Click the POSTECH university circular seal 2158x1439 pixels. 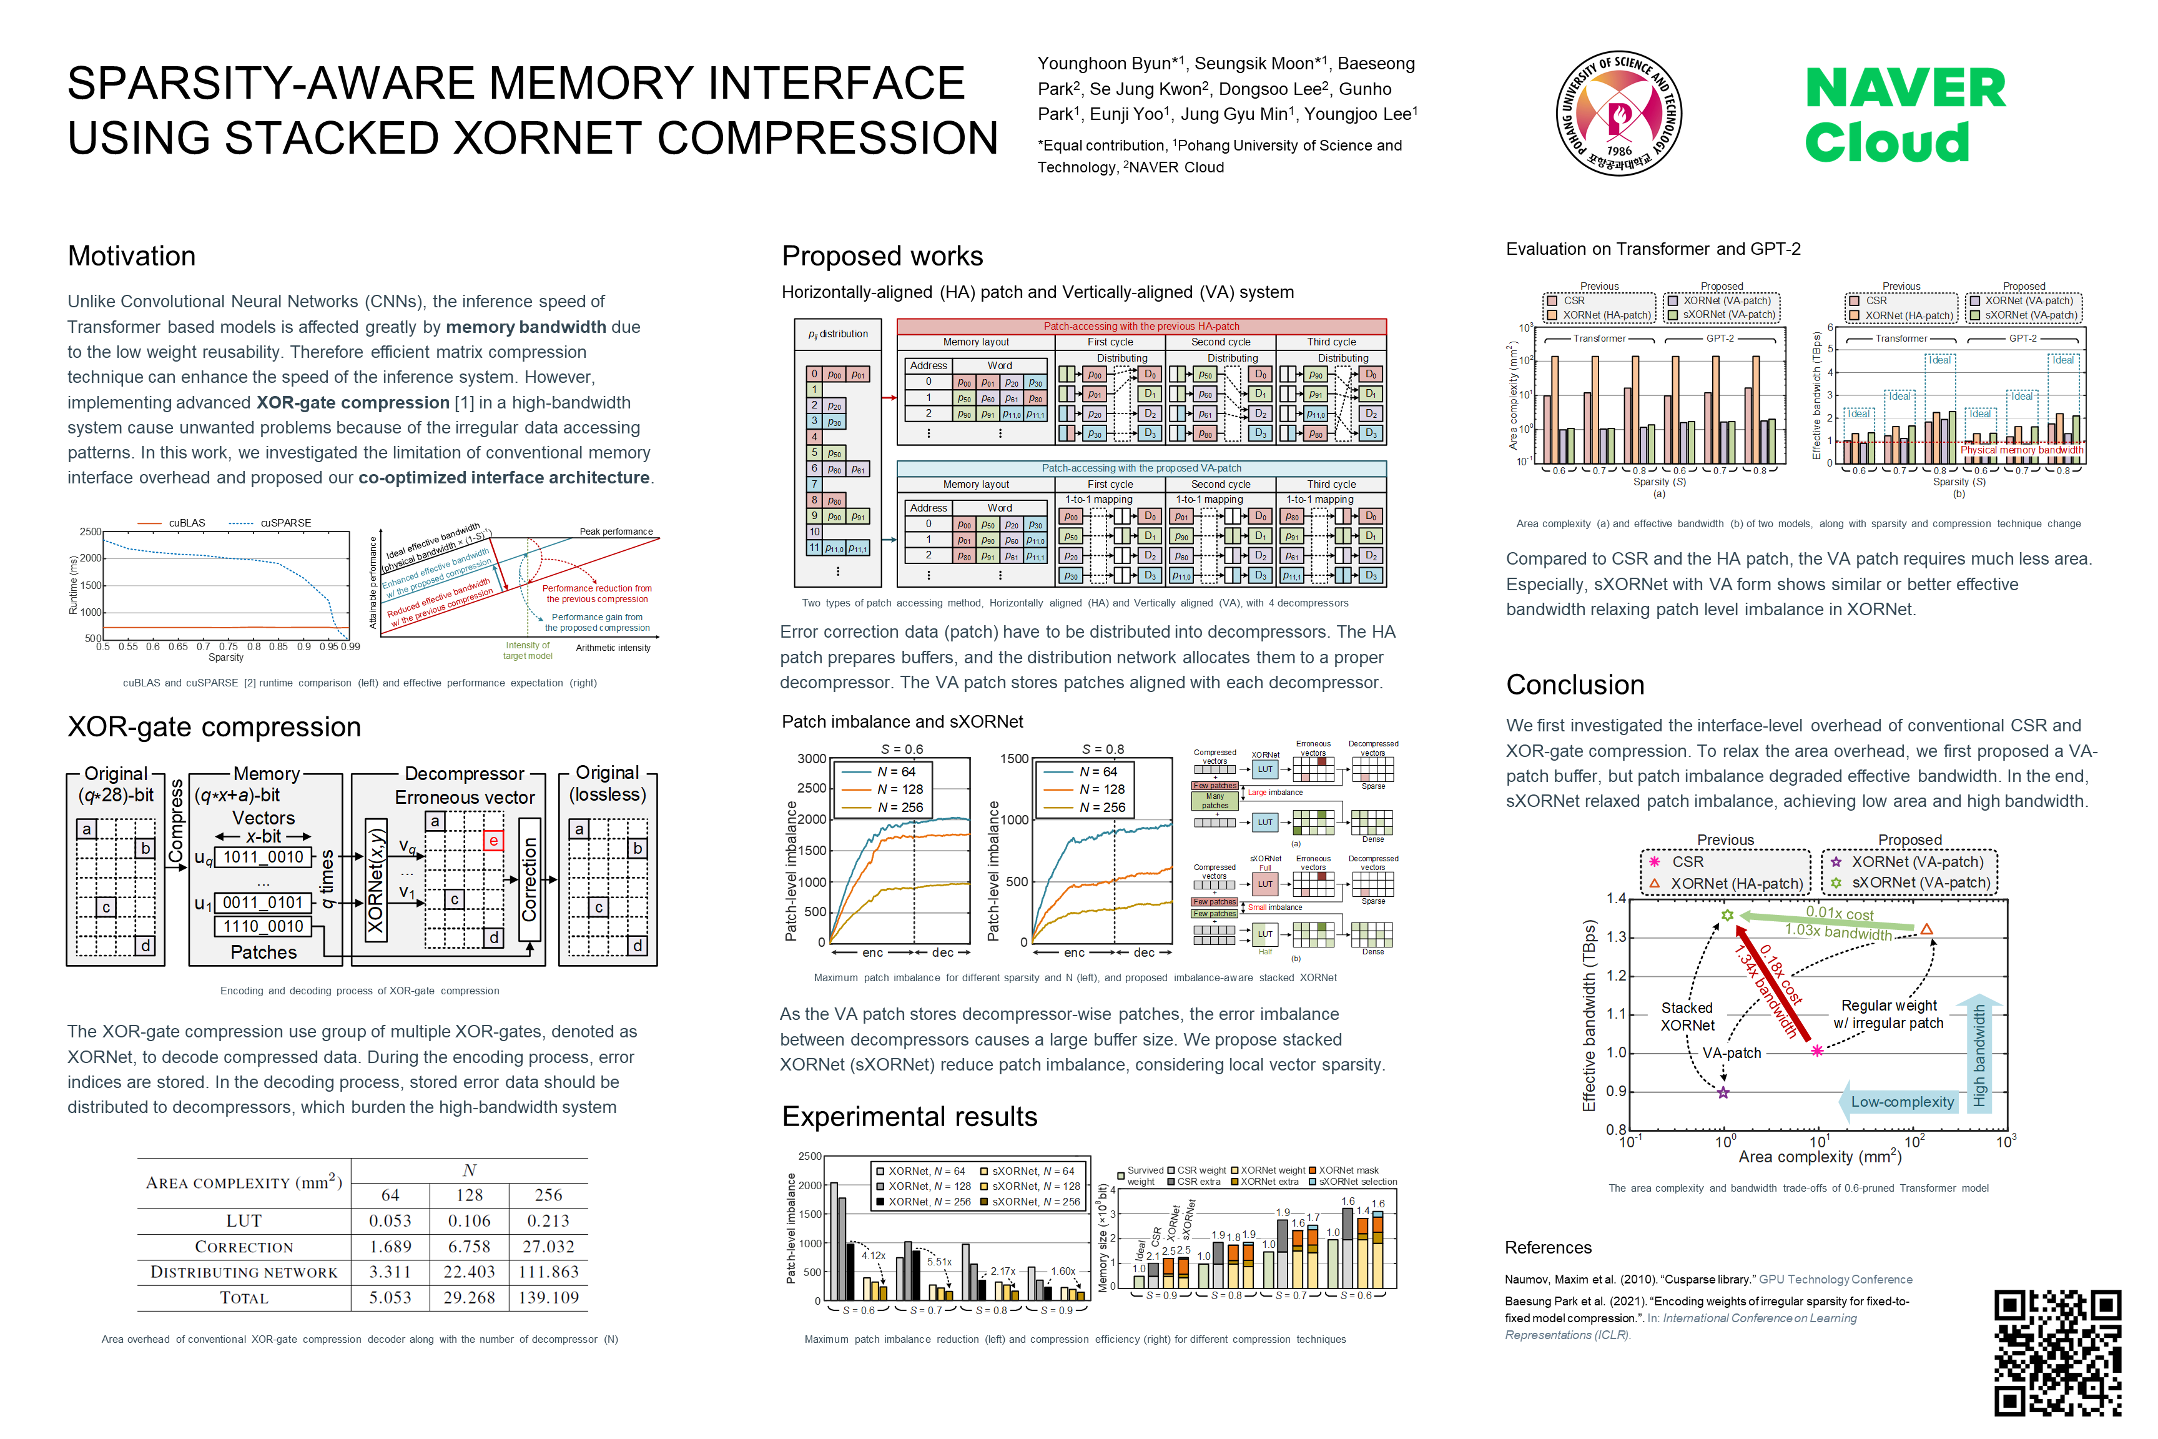[1618, 114]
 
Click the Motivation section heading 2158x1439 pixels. [131, 256]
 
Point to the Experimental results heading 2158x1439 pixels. [909, 1116]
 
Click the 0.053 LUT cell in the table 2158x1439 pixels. [390, 1220]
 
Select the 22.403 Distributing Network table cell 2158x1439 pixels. [469, 1272]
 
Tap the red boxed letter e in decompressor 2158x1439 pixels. [493, 841]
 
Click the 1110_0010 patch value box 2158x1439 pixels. [262, 926]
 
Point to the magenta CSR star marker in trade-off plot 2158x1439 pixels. [1816, 1050]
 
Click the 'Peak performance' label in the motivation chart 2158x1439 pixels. [616, 532]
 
